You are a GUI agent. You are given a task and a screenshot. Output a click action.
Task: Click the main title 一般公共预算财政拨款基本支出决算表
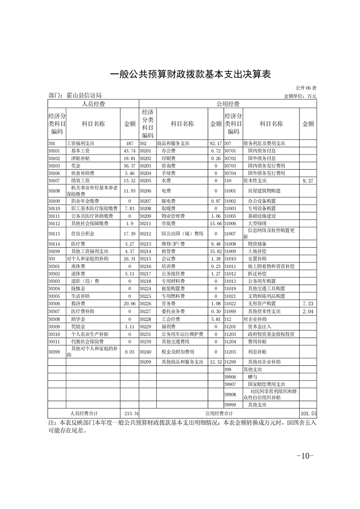click(191, 74)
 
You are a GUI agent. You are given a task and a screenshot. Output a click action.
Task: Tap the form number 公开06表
click(306, 88)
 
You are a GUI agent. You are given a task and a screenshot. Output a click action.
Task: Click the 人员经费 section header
click(93, 104)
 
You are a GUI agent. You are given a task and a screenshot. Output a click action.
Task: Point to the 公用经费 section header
click(227, 104)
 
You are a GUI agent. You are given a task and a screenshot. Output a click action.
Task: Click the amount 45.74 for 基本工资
click(129, 151)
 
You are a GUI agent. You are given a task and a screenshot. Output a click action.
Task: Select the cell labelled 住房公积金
click(83, 234)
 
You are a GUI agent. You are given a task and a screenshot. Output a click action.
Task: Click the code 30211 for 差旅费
click(145, 224)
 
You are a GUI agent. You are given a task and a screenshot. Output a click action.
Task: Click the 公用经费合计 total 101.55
click(308, 413)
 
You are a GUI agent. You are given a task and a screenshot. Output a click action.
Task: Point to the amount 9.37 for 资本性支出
click(308, 181)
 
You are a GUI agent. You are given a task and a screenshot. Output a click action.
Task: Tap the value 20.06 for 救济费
click(129, 303)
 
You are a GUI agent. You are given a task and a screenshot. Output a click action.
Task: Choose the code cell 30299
click(145, 362)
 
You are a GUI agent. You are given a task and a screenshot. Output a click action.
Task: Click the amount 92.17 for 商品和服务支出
click(216, 143)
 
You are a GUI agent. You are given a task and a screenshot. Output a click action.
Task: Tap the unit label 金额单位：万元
click(300, 96)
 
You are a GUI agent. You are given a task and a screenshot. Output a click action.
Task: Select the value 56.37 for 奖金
click(129, 166)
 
